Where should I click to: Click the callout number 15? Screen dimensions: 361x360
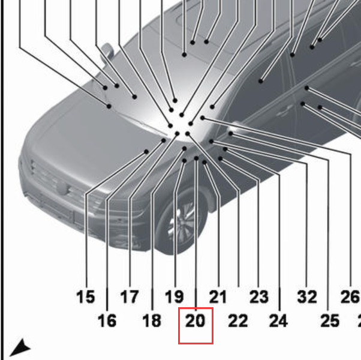85,296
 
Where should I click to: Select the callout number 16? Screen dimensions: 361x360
107,320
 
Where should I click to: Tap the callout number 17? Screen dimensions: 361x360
130,296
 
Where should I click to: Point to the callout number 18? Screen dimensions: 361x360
152,320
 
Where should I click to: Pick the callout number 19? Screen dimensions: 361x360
175,296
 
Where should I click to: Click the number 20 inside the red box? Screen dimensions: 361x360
195,320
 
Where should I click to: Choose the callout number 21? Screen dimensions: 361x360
218,296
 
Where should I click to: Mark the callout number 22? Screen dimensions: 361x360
238,320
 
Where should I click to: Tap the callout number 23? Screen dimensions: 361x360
259,296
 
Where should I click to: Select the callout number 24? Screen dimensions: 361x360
278,320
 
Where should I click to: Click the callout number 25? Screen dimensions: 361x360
330,320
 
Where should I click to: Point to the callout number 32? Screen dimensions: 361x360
307,296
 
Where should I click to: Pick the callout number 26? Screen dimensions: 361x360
350,296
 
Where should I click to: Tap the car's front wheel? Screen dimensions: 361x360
182,221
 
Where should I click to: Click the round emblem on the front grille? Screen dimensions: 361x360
62,187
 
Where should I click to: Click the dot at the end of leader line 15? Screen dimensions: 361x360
146,152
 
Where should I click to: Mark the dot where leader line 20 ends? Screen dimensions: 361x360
196,158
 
